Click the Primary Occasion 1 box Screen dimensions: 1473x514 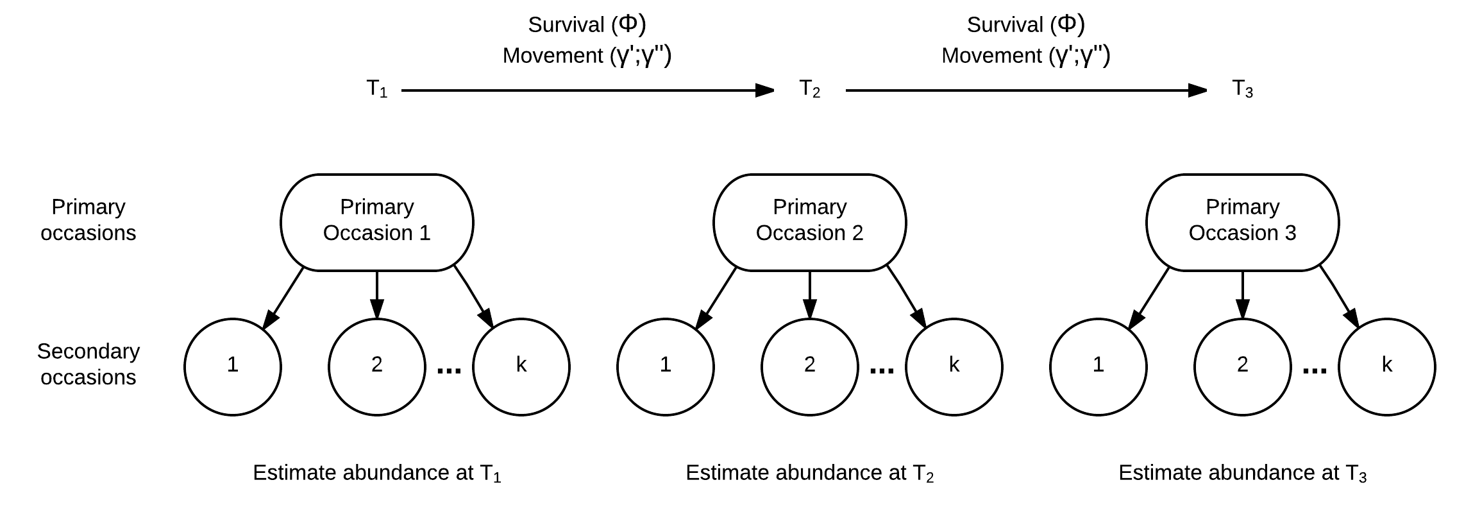click(x=377, y=222)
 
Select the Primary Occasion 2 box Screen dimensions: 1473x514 click(x=810, y=222)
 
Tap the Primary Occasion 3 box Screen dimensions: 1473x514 click(x=1243, y=222)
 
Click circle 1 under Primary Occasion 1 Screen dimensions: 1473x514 click(x=233, y=367)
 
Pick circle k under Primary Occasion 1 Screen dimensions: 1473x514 click(x=521, y=367)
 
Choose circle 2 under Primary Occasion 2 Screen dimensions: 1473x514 click(x=810, y=367)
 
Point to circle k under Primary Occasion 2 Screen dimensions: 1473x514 click(x=954, y=367)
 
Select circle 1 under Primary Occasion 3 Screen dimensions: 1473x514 click(x=1098, y=367)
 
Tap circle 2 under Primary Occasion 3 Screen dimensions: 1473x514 click(x=1243, y=367)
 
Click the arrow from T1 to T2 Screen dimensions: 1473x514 click(x=588, y=90)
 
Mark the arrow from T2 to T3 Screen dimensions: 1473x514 click(x=1027, y=90)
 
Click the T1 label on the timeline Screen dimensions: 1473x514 click(x=377, y=89)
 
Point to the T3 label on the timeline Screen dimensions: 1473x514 click(x=1243, y=89)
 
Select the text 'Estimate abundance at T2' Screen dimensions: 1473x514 click(x=810, y=474)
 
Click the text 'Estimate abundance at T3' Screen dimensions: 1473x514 click(x=1243, y=474)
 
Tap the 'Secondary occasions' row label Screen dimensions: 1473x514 click(x=88, y=364)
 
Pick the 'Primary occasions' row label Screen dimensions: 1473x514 click(x=88, y=219)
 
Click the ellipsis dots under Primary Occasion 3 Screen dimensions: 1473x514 click(x=1315, y=371)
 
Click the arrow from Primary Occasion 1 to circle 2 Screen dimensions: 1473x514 click(x=377, y=295)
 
